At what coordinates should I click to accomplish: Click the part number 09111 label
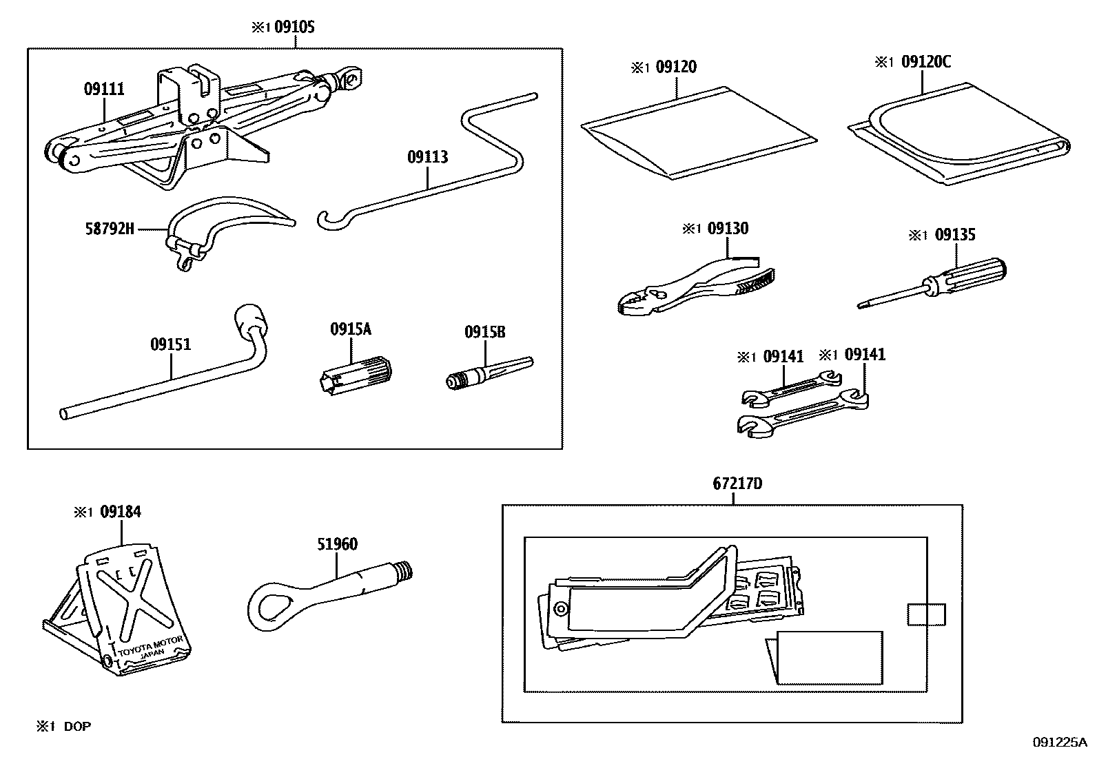[104, 89]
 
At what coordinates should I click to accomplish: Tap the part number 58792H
[110, 228]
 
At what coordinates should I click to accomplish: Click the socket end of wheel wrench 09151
[251, 320]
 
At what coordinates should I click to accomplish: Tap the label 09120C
[925, 62]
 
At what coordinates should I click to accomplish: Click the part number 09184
[120, 512]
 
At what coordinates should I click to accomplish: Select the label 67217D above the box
[737, 484]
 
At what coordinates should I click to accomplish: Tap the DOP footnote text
[77, 726]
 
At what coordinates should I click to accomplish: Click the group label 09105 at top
[295, 27]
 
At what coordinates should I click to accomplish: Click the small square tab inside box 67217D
[926, 614]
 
